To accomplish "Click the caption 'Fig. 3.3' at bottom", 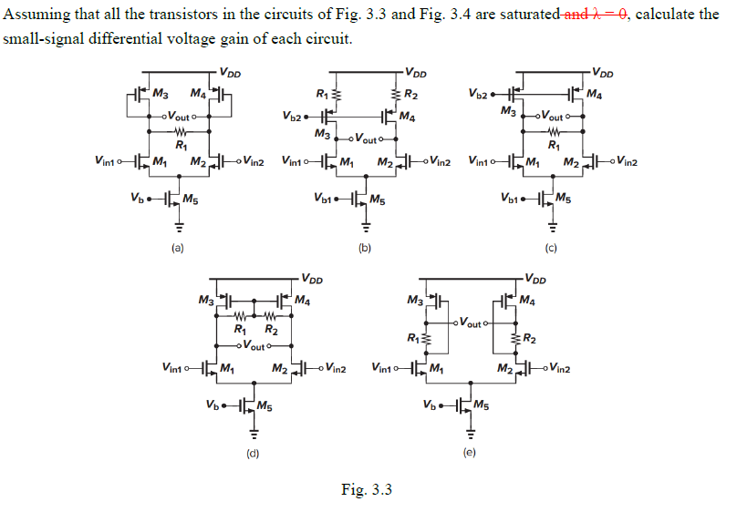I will (x=367, y=490).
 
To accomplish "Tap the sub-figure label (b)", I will (x=364, y=248).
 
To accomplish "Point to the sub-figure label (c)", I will (x=551, y=248).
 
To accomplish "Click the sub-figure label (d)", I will (x=251, y=452).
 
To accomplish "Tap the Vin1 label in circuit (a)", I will (x=108, y=162).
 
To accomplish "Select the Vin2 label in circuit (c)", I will (x=626, y=162).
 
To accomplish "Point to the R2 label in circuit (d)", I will (x=271, y=330).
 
